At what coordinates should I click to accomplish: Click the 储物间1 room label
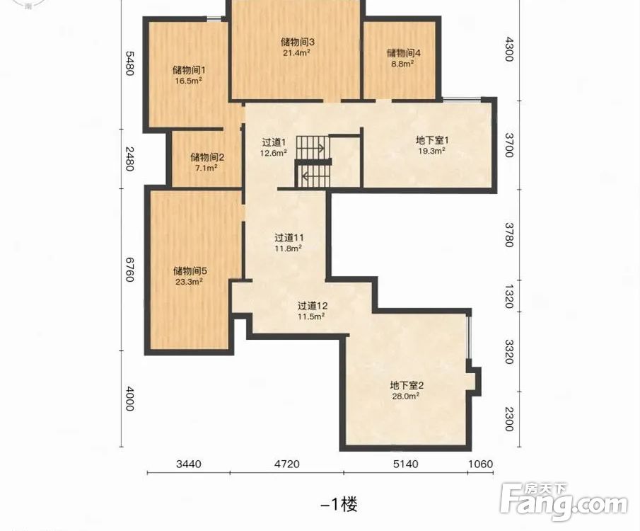(x=189, y=70)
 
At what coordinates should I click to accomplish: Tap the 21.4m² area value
(x=297, y=52)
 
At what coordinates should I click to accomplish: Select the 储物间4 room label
(x=404, y=53)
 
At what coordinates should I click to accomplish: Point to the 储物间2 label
(x=207, y=157)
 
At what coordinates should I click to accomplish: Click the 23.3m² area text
(x=190, y=282)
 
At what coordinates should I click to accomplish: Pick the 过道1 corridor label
(x=274, y=142)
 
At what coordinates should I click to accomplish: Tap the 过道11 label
(x=289, y=237)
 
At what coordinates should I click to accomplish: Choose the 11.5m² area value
(x=311, y=316)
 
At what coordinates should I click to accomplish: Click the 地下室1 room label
(x=432, y=140)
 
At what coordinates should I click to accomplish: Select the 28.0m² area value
(x=406, y=396)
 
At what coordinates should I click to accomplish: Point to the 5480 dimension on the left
(x=129, y=63)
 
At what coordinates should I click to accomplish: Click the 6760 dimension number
(x=129, y=269)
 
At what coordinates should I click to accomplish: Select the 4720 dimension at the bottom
(x=286, y=464)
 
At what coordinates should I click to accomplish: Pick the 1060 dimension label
(x=480, y=464)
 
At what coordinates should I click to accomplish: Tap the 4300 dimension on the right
(x=509, y=49)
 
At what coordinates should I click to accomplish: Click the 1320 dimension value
(x=509, y=297)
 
